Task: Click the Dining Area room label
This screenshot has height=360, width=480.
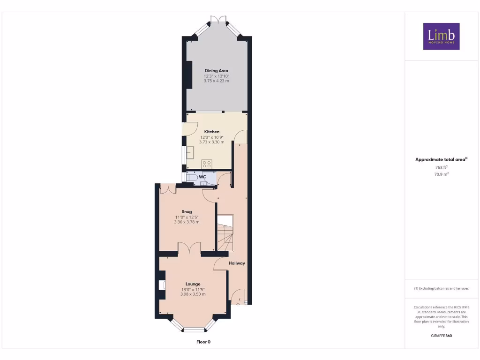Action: tap(216, 71)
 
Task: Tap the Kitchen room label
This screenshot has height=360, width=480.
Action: tap(212, 132)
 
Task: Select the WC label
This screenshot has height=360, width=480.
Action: tap(202, 177)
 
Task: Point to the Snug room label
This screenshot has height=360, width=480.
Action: tap(187, 212)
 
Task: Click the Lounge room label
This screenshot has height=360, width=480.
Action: tap(193, 284)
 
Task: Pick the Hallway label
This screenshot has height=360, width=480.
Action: tap(237, 263)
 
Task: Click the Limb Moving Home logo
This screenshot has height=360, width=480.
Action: tap(441, 36)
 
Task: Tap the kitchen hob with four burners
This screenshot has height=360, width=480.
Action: tap(206, 164)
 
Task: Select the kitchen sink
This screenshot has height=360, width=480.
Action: tap(190, 153)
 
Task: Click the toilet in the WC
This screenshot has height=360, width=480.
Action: tap(192, 178)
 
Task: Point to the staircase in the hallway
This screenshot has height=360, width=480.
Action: tap(225, 234)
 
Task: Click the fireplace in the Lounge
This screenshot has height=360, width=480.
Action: tap(162, 285)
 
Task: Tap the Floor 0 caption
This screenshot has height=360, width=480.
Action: tap(203, 342)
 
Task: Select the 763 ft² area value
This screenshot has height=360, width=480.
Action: tap(441, 167)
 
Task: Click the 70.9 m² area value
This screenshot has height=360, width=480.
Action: tap(441, 174)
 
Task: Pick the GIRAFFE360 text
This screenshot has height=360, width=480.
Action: tap(441, 336)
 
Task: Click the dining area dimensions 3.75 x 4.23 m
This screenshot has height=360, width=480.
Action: tap(216, 81)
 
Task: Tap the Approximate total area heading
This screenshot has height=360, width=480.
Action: tap(441, 160)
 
